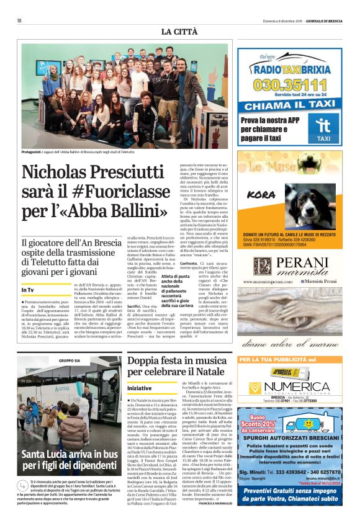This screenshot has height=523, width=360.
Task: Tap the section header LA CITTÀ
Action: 179,32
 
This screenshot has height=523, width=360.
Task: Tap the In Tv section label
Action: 28,290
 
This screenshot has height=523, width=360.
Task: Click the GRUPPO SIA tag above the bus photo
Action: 69,360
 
